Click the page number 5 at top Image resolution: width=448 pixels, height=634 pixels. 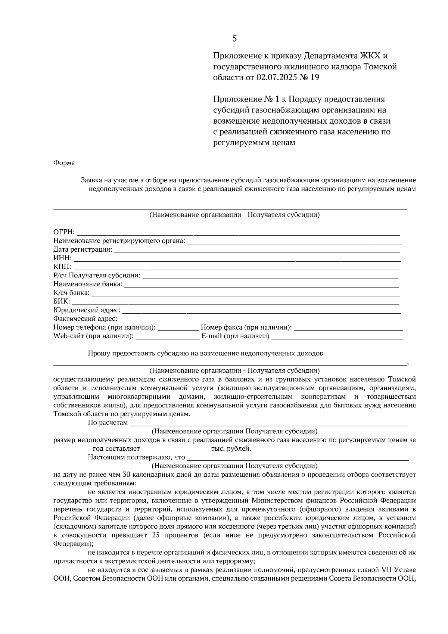click(234, 38)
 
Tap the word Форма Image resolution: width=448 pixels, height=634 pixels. click(64, 163)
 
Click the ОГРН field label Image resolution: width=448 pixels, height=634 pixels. click(64, 232)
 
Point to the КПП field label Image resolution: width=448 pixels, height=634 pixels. click(62, 267)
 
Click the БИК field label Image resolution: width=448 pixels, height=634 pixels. click(62, 302)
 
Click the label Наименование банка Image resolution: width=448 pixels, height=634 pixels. click(88, 284)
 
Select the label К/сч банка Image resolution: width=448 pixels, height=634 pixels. click(72, 293)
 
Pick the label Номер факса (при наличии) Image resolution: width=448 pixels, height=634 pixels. click(246, 327)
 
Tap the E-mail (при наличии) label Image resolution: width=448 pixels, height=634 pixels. click(236, 336)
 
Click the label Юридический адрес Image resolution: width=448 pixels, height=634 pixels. click(87, 310)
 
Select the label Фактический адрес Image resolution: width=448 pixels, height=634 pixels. click(85, 319)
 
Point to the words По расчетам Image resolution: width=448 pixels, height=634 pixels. click(108, 423)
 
